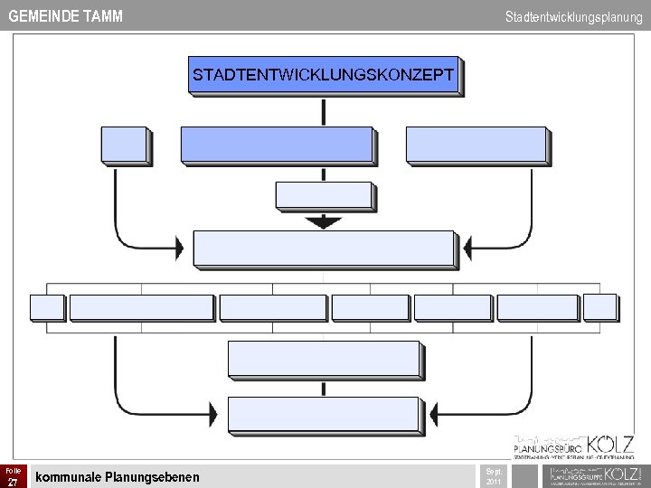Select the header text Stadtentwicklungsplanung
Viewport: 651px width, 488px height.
click(x=574, y=16)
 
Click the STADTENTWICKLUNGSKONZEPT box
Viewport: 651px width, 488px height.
click(x=323, y=75)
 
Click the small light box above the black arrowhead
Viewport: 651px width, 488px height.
click(x=323, y=195)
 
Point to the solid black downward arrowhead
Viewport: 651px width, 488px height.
click(x=323, y=222)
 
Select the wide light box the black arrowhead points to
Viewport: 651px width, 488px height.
click(x=323, y=249)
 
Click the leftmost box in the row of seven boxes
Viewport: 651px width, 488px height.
click(x=46, y=307)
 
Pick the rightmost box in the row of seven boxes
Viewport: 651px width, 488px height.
click(x=599, y=307)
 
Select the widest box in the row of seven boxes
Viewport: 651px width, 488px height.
click(x=141, y=307)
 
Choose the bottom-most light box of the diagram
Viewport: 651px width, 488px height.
click(x=324, y=414)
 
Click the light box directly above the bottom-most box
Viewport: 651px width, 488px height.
click(x=324, y=359)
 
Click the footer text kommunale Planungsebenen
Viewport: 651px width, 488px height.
click(x=117, y=476)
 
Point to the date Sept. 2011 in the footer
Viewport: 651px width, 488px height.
click(x=494, y=476)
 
